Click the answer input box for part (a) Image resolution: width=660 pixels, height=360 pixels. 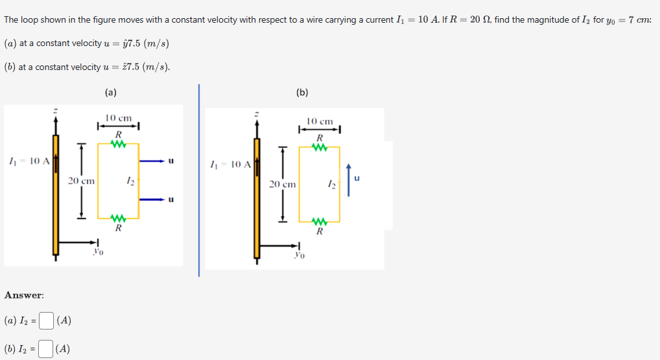point(47,320)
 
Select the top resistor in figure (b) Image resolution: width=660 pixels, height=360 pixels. point(319,147)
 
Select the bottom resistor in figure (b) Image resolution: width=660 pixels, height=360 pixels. point(319,222)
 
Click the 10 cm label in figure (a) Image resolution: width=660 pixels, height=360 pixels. point(119,118)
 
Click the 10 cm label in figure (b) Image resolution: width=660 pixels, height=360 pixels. point(320,121)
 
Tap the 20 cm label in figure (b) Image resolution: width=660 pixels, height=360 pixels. point(282,184)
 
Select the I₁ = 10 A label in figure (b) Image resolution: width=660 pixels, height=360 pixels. point(231,165)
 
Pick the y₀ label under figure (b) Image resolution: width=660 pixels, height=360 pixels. point(299,255)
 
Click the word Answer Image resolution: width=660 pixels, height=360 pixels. point(24,295)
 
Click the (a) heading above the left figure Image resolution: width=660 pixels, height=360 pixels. point(111,92)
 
